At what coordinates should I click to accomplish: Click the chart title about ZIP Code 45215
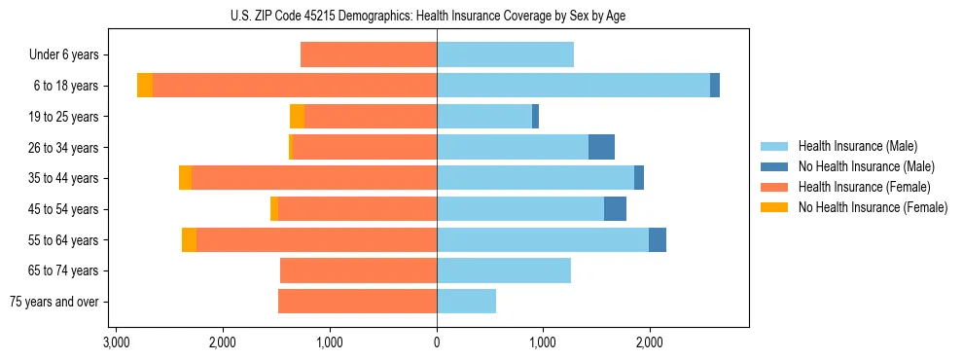[437, 15]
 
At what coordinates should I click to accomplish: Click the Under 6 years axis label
[63, 55]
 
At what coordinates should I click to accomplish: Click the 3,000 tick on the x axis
[116, 342]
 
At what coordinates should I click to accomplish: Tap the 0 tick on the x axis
[437, 342]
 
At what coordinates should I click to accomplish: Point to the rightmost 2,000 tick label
[650, 342]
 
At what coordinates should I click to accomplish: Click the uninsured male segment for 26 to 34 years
[601, 147]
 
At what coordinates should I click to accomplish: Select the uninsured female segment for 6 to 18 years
[145, 86]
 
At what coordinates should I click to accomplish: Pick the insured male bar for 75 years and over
[466, 302]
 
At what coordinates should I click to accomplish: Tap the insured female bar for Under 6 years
[369, 55]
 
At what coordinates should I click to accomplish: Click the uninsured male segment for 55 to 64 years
[658, 239]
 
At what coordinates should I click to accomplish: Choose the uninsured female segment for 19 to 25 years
[297, 117]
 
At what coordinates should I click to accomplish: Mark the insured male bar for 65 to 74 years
[504, 270]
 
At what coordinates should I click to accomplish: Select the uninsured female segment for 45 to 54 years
[274, 209]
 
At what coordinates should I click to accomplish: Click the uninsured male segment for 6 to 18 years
[715, 86]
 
